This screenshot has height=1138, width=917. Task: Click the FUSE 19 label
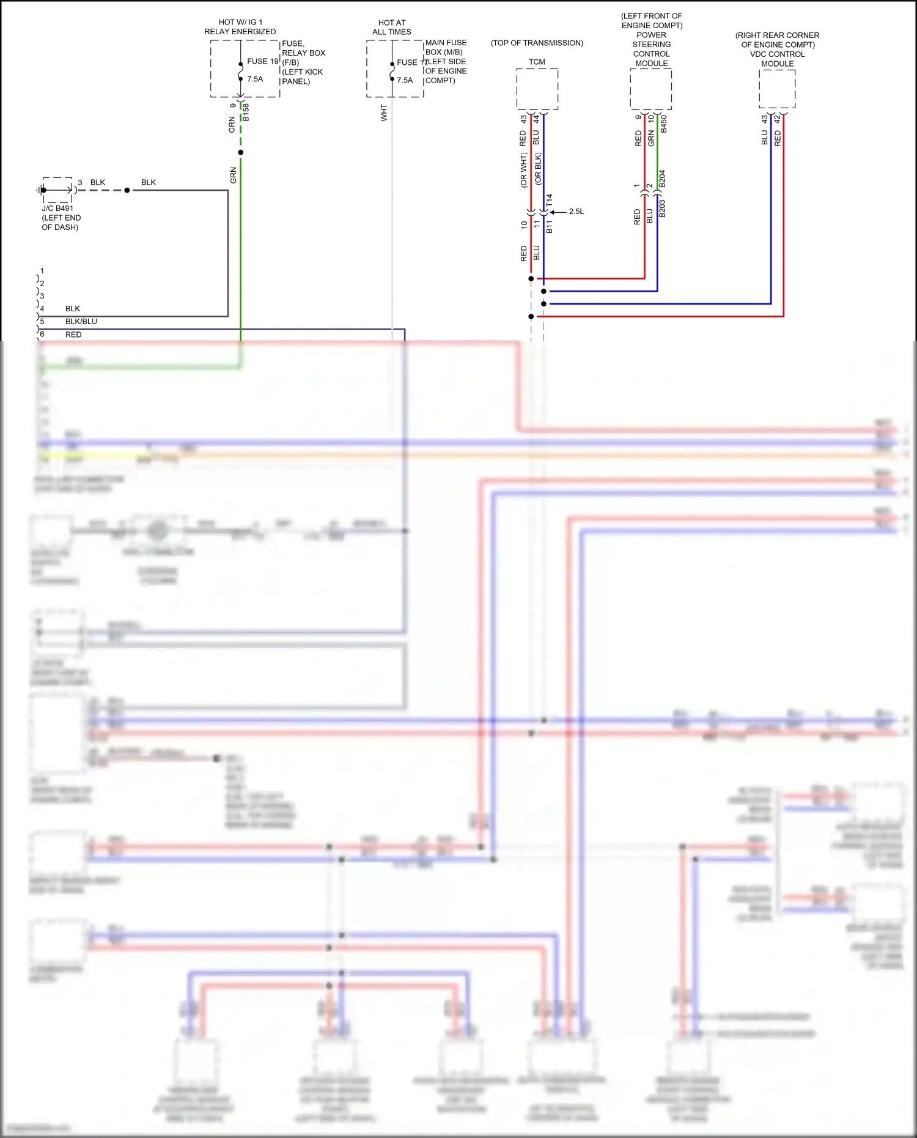click(262, 61)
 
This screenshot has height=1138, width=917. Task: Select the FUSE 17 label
click(411, 62)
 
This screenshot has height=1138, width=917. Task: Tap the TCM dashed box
click(537, 89)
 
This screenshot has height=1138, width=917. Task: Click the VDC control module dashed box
click(777, 89)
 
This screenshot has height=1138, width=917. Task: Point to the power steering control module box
click(650, 89)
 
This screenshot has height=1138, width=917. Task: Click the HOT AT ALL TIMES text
click(392, 27)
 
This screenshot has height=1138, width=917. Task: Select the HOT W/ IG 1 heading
click(240, 22)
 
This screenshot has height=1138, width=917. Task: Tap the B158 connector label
click(246, 112)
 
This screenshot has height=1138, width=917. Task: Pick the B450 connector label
click(664, 124)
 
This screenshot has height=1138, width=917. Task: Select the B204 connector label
click(662, 179)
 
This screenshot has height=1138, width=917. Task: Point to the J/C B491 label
click(57, 209)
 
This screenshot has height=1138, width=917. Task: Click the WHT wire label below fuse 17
click(384, 113)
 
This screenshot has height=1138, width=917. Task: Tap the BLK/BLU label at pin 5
click(81, 322)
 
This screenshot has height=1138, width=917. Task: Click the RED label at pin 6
click(73, 334)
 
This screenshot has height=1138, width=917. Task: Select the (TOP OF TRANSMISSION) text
click(537, 43)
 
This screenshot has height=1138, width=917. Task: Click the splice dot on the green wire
click(241, 152)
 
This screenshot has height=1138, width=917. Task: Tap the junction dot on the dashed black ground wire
click(127, 190)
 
